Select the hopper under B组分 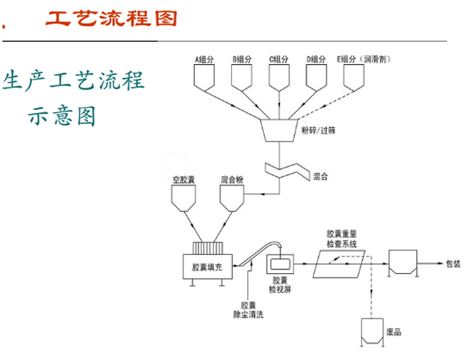243,77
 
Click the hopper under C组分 280,77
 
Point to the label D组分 317,59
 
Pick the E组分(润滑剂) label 363,59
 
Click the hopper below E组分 354,77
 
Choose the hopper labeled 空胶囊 183,197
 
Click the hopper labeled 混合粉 232,197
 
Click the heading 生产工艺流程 74,82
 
